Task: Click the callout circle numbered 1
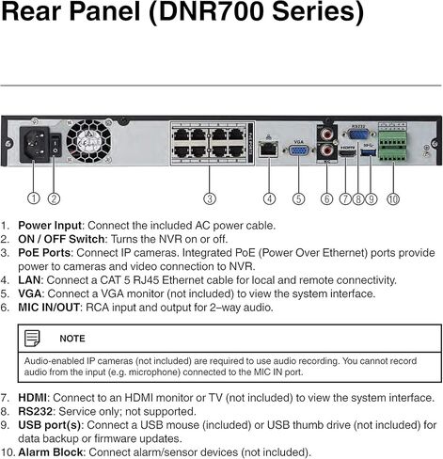click(34, 198)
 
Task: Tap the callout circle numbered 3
click(210, 198)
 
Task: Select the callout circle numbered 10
click(392, 198)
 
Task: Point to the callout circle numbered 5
click(298, 198)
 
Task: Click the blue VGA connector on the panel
click(298, 150)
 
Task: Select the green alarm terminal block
click(392, 147)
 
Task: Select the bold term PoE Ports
click(46, 253)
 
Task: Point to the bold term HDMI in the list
click(33, 398)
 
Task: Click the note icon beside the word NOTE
click(32, 338)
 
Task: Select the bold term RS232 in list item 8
click(36, 412)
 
